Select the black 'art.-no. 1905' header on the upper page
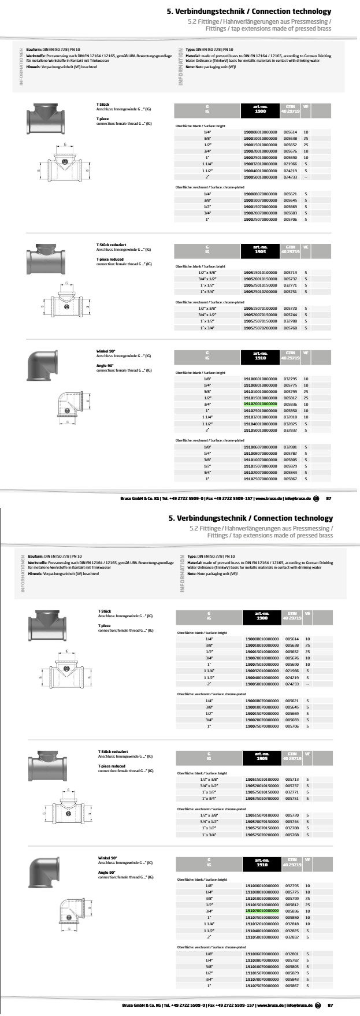260,250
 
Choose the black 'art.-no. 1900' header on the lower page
262,617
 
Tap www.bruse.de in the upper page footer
268,498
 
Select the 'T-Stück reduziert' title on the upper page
108,245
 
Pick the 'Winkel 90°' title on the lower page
107,858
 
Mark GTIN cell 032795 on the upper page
290,379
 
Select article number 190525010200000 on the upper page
260,292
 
